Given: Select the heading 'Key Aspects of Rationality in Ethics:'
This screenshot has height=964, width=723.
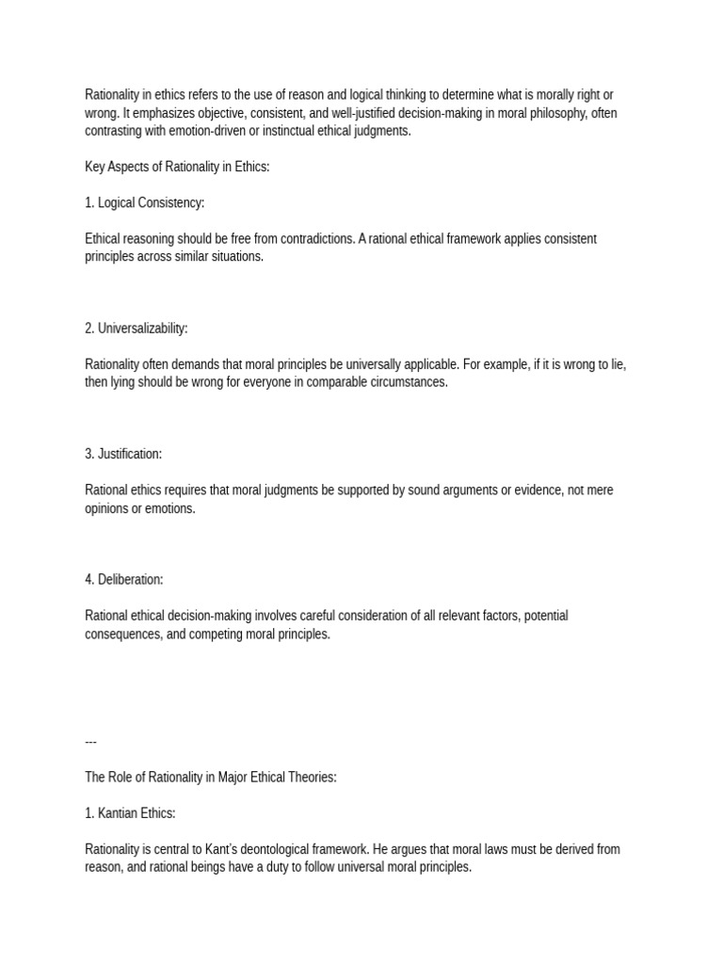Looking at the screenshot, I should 177,167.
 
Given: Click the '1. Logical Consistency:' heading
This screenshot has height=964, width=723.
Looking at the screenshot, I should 144,202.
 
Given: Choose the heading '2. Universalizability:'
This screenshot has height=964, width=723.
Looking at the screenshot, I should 137,329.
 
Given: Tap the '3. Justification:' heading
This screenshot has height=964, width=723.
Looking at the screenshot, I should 123,454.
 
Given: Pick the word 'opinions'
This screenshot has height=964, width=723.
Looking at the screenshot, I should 107,508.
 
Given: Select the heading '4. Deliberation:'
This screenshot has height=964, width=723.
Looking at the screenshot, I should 124,579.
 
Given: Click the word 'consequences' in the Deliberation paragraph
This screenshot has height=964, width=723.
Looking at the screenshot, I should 122,634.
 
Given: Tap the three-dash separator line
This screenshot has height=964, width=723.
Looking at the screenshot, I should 90,741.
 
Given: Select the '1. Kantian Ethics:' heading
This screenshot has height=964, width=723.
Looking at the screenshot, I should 130,812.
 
